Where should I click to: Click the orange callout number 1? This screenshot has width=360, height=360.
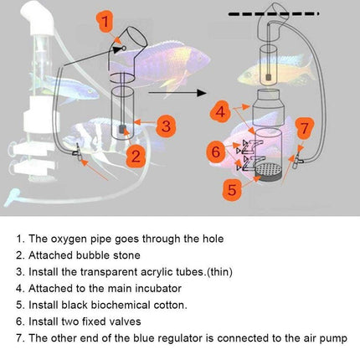click(x=105, y=22)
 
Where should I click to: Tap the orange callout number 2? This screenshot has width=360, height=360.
click(x=136, y=156)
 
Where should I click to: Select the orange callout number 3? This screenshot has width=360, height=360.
click(x=166, y=126)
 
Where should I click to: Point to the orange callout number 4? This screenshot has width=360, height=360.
click(x=220, y=112)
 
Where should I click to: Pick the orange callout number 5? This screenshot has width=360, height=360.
click(x=232, y=189)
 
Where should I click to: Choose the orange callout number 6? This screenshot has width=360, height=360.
click(x=216, y=152)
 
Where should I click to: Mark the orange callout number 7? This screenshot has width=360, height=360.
click(x=305, y=128)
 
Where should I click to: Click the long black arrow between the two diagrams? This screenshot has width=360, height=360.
click(x=177, y=93)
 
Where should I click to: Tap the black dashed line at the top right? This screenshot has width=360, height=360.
click(x=274, y=13)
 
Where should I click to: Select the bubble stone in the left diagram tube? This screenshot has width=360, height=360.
click(x=122, y=129)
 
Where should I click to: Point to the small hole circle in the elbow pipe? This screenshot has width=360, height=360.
click(x=124, y=49)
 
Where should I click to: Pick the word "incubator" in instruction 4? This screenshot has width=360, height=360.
click(x=158, y=288)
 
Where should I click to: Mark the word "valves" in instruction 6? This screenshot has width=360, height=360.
click(x=125, y=321)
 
